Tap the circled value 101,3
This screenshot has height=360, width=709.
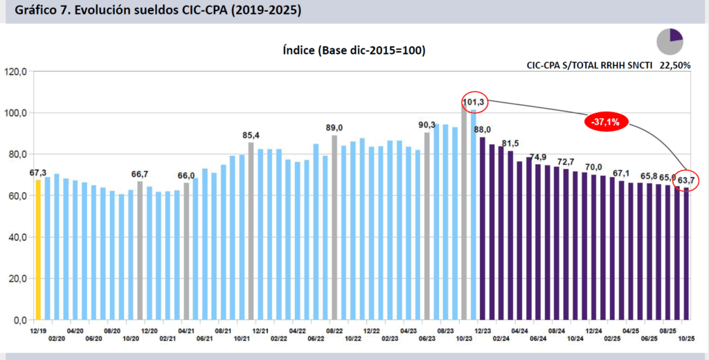(x=474, y=102)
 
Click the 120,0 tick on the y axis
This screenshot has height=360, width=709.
(x=16, y=72)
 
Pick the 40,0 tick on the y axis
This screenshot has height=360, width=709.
(x=17, y=237)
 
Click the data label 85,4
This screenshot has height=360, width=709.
(x=250, y=135)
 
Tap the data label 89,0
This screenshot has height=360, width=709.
(x=335, y=127)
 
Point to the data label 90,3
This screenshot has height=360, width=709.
(x=427, y=125)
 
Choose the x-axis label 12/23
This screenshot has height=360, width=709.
(x=482, y=330)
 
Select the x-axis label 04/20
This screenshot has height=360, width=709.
(x=75, y=330)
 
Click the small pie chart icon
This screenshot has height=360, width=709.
(x=670, y=41)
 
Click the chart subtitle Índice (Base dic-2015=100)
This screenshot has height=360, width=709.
(x=354, y=50)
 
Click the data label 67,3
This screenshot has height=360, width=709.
(x=37, y=172)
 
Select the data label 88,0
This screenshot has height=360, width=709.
(x=483, y=129)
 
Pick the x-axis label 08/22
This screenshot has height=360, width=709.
(x=334, y=330)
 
